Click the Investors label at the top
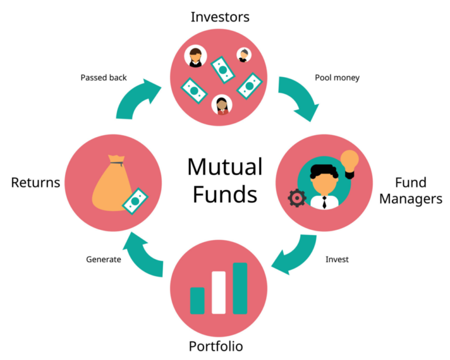[x=220, y=17]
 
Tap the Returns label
[x=36, y=182]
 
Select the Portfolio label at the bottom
[x=216, y=345]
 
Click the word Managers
[x=410, y=199]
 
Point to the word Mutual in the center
[x=225, y=167]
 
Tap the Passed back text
[x=104, y=77]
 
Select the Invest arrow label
[x=337, y=259]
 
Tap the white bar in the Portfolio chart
[x=219, y=292]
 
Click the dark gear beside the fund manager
[x=297, y=199]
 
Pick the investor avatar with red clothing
[x=222, y=105]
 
